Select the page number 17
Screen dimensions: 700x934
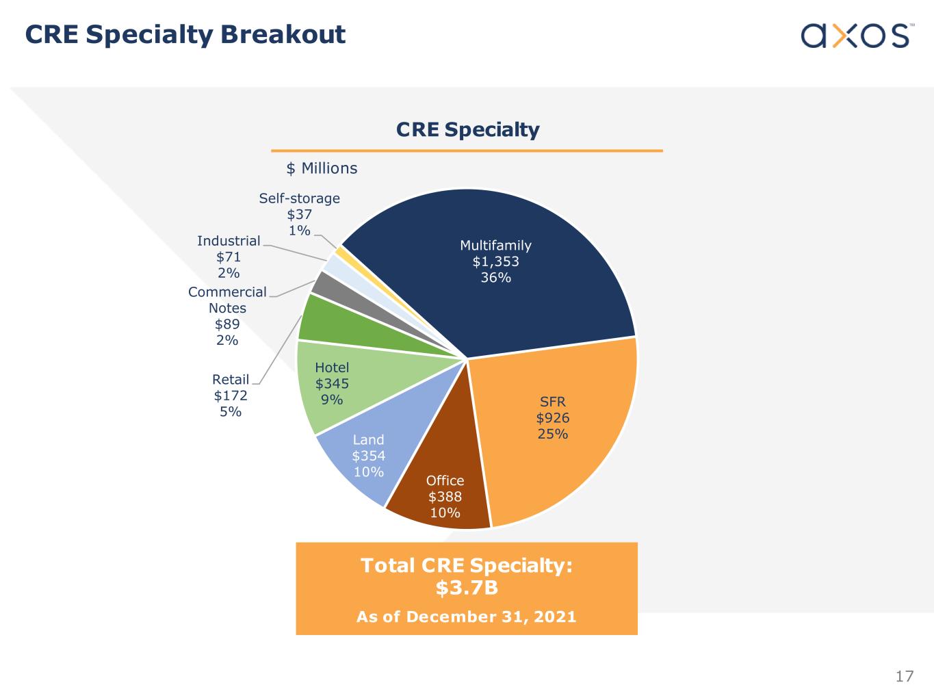[x=904, y=677]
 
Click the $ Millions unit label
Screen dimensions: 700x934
[x=322, y=168]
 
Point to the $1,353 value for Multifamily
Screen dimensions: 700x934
[x=495, y=261]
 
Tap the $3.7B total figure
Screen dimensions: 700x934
[x=466, y=588]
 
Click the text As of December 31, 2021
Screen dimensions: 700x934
[x=466, y=617]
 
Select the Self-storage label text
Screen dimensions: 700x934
[x=299, y=198]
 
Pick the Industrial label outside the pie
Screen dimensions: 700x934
[x=229, y=241]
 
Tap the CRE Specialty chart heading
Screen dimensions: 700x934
[x=467, y=129]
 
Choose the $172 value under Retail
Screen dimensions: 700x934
[x=231, y=396]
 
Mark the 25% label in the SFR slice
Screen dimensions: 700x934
[x=552, y=434]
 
